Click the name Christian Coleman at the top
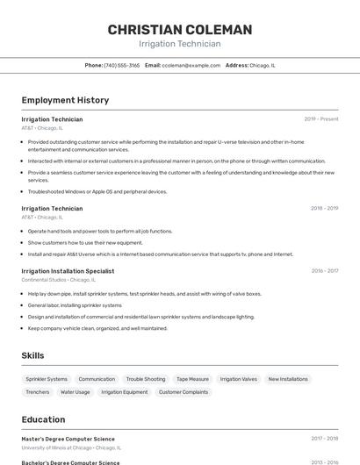(x=179, y=30)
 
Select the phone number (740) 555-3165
(x=121, y=65)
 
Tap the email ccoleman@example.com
(x=191, y=65)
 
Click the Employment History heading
(x=65, y=100)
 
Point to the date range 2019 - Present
(x=320, y=118)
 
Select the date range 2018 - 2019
(x=324, y=208)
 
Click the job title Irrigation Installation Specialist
(x=68, y=271)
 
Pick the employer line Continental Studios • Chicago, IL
(x=58, y=280)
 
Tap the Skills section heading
(x=32, y=355)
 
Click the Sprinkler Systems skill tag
(x=47, y=379)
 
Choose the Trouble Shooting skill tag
(x=146, y=379)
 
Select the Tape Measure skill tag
(x=192, y=379)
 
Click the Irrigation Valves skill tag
(x=239, y=379)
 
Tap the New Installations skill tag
(x=288, y=379)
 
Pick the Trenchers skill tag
(x=38, y=392)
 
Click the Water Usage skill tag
(x=76, y=392)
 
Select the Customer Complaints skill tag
(x=184, y=392)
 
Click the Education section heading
(x=43, y=419)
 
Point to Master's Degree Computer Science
(x=68, y=439)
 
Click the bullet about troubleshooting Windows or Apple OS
(x=97, y=191)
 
